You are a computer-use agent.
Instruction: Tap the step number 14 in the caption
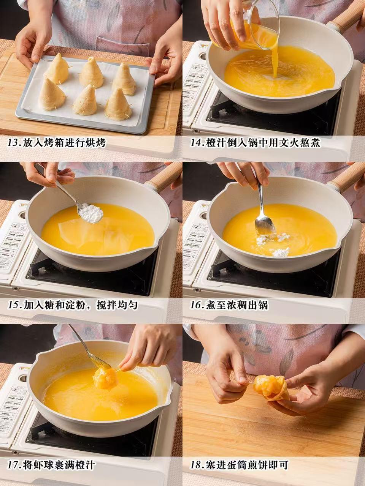point(196,143)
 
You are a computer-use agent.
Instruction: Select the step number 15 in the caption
point(13,305)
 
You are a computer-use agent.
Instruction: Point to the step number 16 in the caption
point(196,305)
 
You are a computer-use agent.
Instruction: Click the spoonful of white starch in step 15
point(91,213)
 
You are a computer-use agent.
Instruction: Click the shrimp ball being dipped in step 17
point(104,378)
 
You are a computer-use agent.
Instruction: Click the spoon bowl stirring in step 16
point(265,226)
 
